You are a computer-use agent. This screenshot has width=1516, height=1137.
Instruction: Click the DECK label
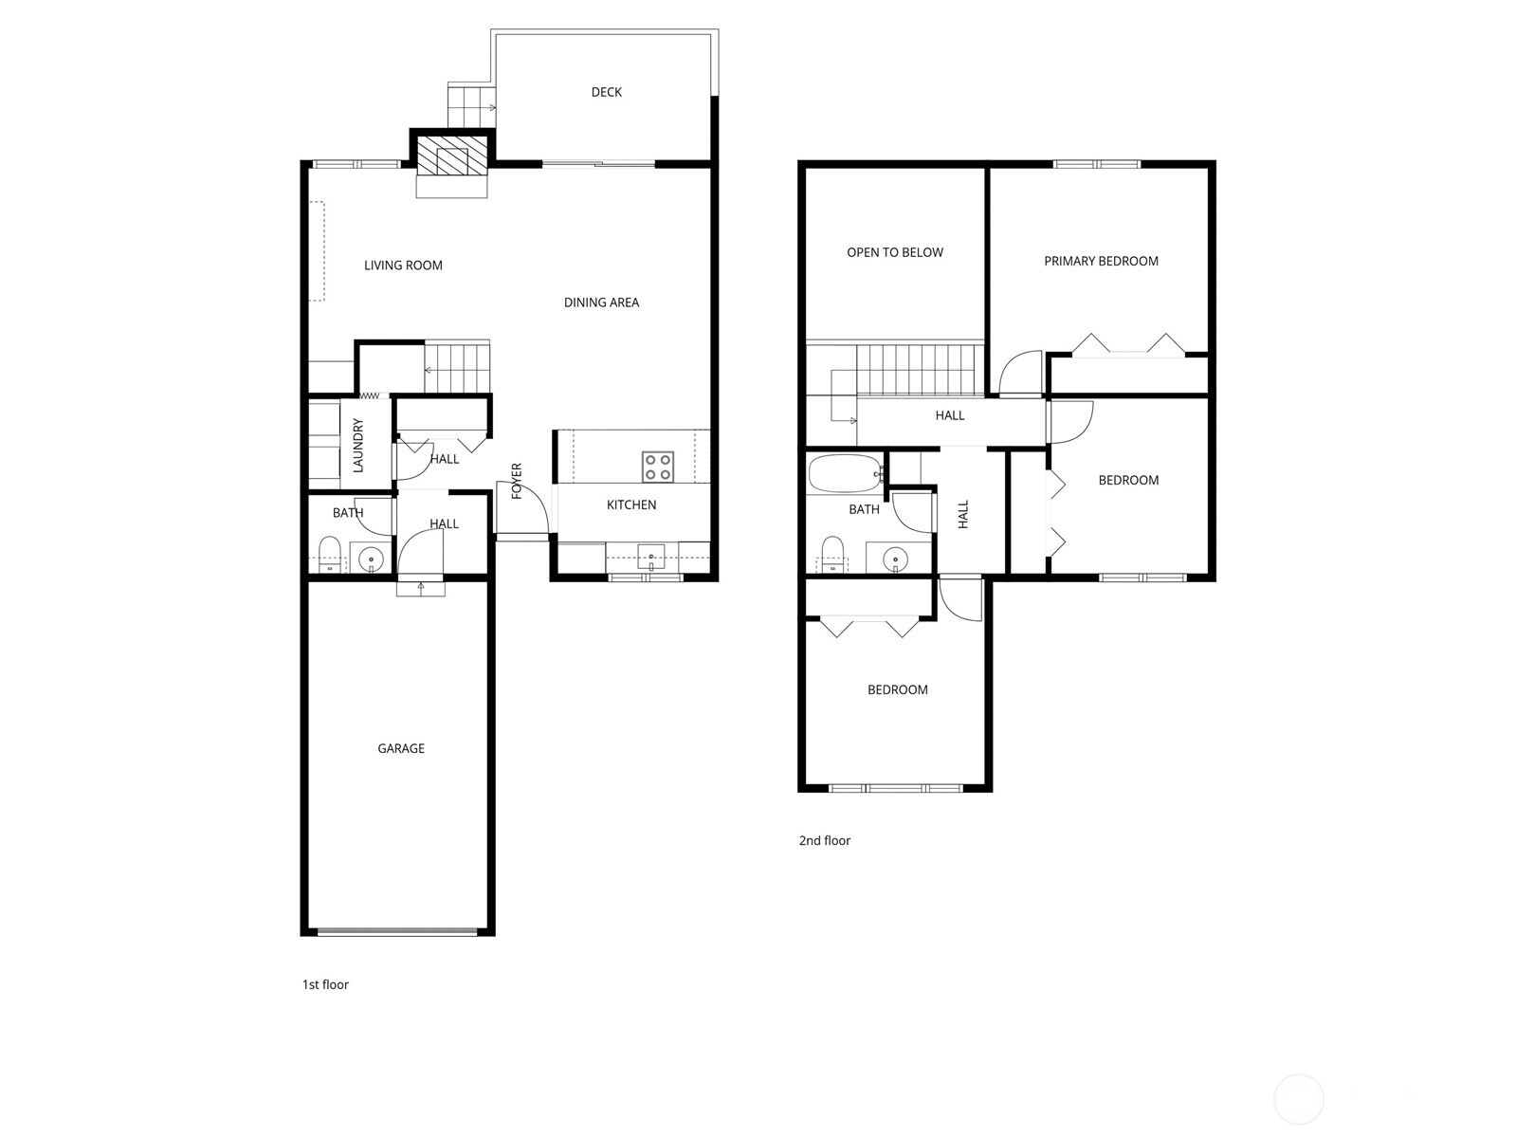pyautogui.click(x=607, y=92)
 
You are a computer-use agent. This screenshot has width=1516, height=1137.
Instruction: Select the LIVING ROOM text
pyautogui.click(x=403, y=266)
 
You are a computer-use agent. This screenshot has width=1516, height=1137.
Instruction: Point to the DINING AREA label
pyautogui.click(x=602, y=303)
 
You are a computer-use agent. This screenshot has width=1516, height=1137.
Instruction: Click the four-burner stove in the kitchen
pyautogui.click(x=658, y=467)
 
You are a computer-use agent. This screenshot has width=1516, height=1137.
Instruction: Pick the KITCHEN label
pyautogui.click(x=631, y=504)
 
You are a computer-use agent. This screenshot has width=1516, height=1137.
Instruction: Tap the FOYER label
pyautogui.click(x=517, y=481)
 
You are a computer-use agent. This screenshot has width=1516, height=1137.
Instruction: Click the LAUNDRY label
pyautogui.click(x=357, y=445)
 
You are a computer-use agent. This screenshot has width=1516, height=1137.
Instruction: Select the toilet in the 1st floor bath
pyautogui.click(x=330, y=554)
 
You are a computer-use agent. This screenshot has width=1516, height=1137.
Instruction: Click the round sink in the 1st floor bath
pyautogui.click(x=372, y=557)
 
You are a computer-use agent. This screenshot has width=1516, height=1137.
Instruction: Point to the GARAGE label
pyautogui.click(x=401, y=748)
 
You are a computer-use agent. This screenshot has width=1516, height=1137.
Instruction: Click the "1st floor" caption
pyautogui.click(x=325, y=984)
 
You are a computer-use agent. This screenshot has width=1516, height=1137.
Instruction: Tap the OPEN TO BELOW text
pyautogui.click(x=895, y=253)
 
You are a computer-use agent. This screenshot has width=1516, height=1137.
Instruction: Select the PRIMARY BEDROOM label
pyautogui.click(x=1101, y=261)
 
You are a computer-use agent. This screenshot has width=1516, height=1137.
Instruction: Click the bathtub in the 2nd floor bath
pyautogui.click(x=846, y=473)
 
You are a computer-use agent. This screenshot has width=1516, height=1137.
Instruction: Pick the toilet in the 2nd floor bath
pyautogui.click(x=833, y=554)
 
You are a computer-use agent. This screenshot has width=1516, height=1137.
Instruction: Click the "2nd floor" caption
pyautogui.click(x=825, y=841)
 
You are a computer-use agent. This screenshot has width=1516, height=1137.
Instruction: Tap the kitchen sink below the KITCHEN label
pyautogui.click(x=651, y=557)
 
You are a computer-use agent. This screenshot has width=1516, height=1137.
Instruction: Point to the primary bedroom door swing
pyautogui.click(x=1020, y=373)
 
